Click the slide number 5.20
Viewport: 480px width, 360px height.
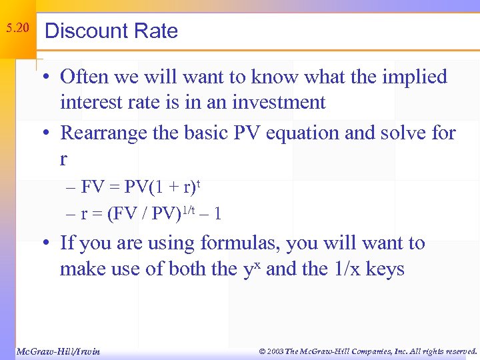[x=17, y=29]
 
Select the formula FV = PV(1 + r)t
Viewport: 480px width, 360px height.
[x=140, y=187]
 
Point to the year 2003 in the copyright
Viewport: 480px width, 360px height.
[x=275, y=351]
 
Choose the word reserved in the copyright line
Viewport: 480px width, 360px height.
[x=456, y=351]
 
